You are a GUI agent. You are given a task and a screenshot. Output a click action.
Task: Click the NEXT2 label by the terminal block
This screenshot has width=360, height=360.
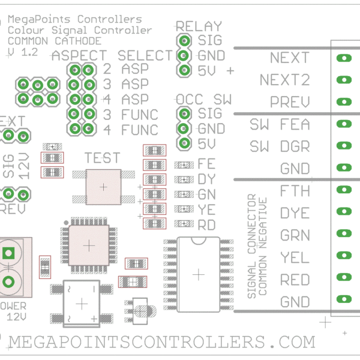point(284,80)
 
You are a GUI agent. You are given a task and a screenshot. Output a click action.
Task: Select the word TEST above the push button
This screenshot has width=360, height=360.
point(102,158)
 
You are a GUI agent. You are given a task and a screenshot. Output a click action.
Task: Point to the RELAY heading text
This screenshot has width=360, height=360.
point(198,26)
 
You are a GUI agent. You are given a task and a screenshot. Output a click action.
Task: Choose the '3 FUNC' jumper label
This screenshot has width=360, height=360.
point(130,114)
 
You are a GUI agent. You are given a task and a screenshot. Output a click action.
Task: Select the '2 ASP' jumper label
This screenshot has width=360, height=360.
point(126,69)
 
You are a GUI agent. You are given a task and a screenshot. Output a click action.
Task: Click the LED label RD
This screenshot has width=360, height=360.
point(206,224)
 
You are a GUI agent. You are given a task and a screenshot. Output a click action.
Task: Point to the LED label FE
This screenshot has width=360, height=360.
point(206,163)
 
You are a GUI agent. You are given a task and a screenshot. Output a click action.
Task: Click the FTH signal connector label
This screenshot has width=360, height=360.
point(295,191)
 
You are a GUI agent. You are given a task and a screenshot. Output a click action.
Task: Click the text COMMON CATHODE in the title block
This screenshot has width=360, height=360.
point(55,41)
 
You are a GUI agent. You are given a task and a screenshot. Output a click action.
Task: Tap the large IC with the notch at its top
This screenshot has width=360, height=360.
point(198,274)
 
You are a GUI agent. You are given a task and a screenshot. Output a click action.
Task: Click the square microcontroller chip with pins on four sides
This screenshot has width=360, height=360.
point(89,245)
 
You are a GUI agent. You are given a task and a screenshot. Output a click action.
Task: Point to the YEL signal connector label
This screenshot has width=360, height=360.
point(295,258)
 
